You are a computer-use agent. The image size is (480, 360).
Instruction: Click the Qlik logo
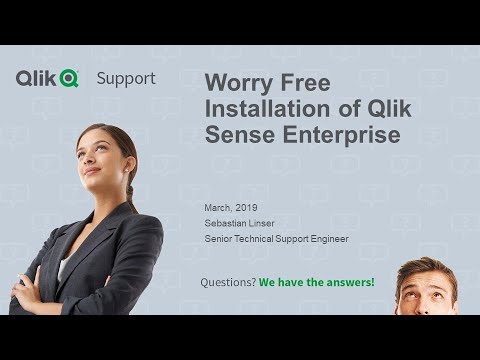[47, 77]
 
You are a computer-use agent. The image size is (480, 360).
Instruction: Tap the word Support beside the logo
[125, 78]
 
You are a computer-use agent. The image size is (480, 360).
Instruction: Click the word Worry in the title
[237, 83]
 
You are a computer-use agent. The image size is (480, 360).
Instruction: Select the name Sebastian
[225, 221]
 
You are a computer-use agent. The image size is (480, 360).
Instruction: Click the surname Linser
[263, 221]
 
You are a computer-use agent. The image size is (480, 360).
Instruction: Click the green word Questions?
[225, 282]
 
